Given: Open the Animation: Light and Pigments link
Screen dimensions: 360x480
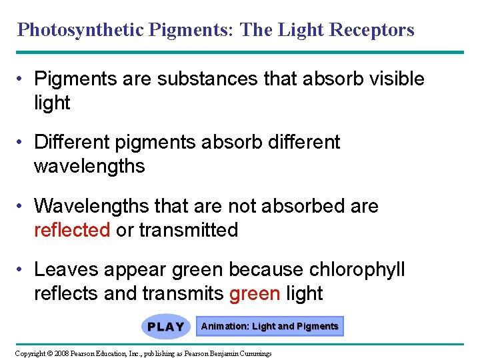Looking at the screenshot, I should pos(270,326).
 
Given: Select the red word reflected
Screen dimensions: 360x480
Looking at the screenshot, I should pos(72,230).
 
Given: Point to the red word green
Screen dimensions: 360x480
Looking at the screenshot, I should pos(254,293).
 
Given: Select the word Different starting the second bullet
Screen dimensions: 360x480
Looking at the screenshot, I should pos(73,142).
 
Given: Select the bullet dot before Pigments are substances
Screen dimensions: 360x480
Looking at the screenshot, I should pos(22,79).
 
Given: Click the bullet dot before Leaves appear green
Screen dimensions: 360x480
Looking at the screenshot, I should pos(22,270).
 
